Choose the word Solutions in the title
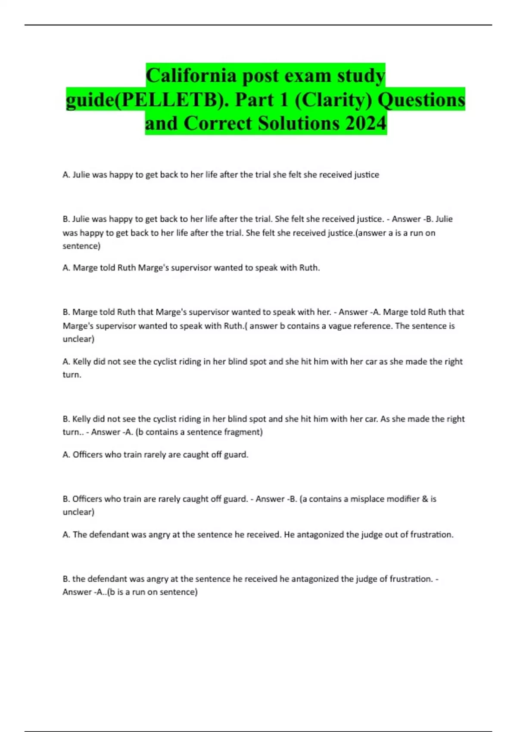[x=299, y=123]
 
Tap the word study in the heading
[x=361, y=76]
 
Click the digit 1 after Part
[x=283, y=100]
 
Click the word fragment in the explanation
[x=243, y=432]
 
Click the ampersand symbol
[x=425, y=499]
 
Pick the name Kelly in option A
[x=82, y=362]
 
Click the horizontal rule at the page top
[x=258, y=25]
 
